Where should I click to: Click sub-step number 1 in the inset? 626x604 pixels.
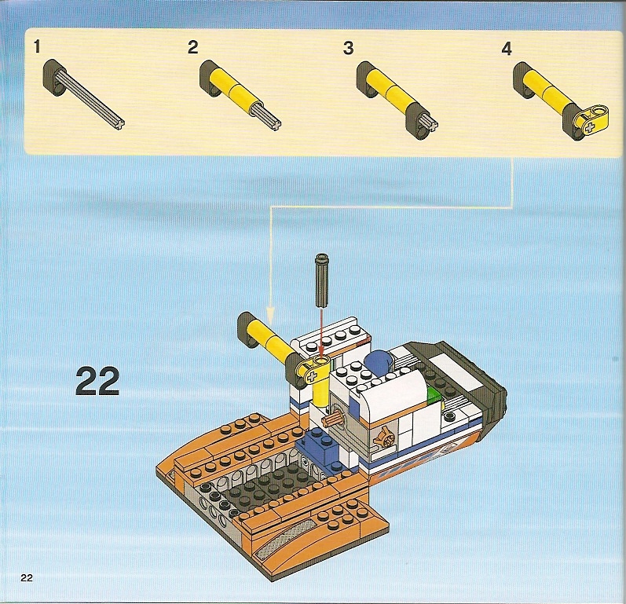[37, 46]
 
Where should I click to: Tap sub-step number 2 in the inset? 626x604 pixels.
[193, 47]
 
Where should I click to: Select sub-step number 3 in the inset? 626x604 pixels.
[348, 48]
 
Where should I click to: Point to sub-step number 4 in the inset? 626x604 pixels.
[507, 49]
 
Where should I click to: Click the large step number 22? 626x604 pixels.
[97, 381]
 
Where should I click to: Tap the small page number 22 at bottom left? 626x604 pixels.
[27, 577]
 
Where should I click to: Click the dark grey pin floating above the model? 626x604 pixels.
[321, 280]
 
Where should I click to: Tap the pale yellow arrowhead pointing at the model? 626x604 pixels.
[271, 313]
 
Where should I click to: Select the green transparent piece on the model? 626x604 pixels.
[435, 397]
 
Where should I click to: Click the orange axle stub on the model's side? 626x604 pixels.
[333, 420]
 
